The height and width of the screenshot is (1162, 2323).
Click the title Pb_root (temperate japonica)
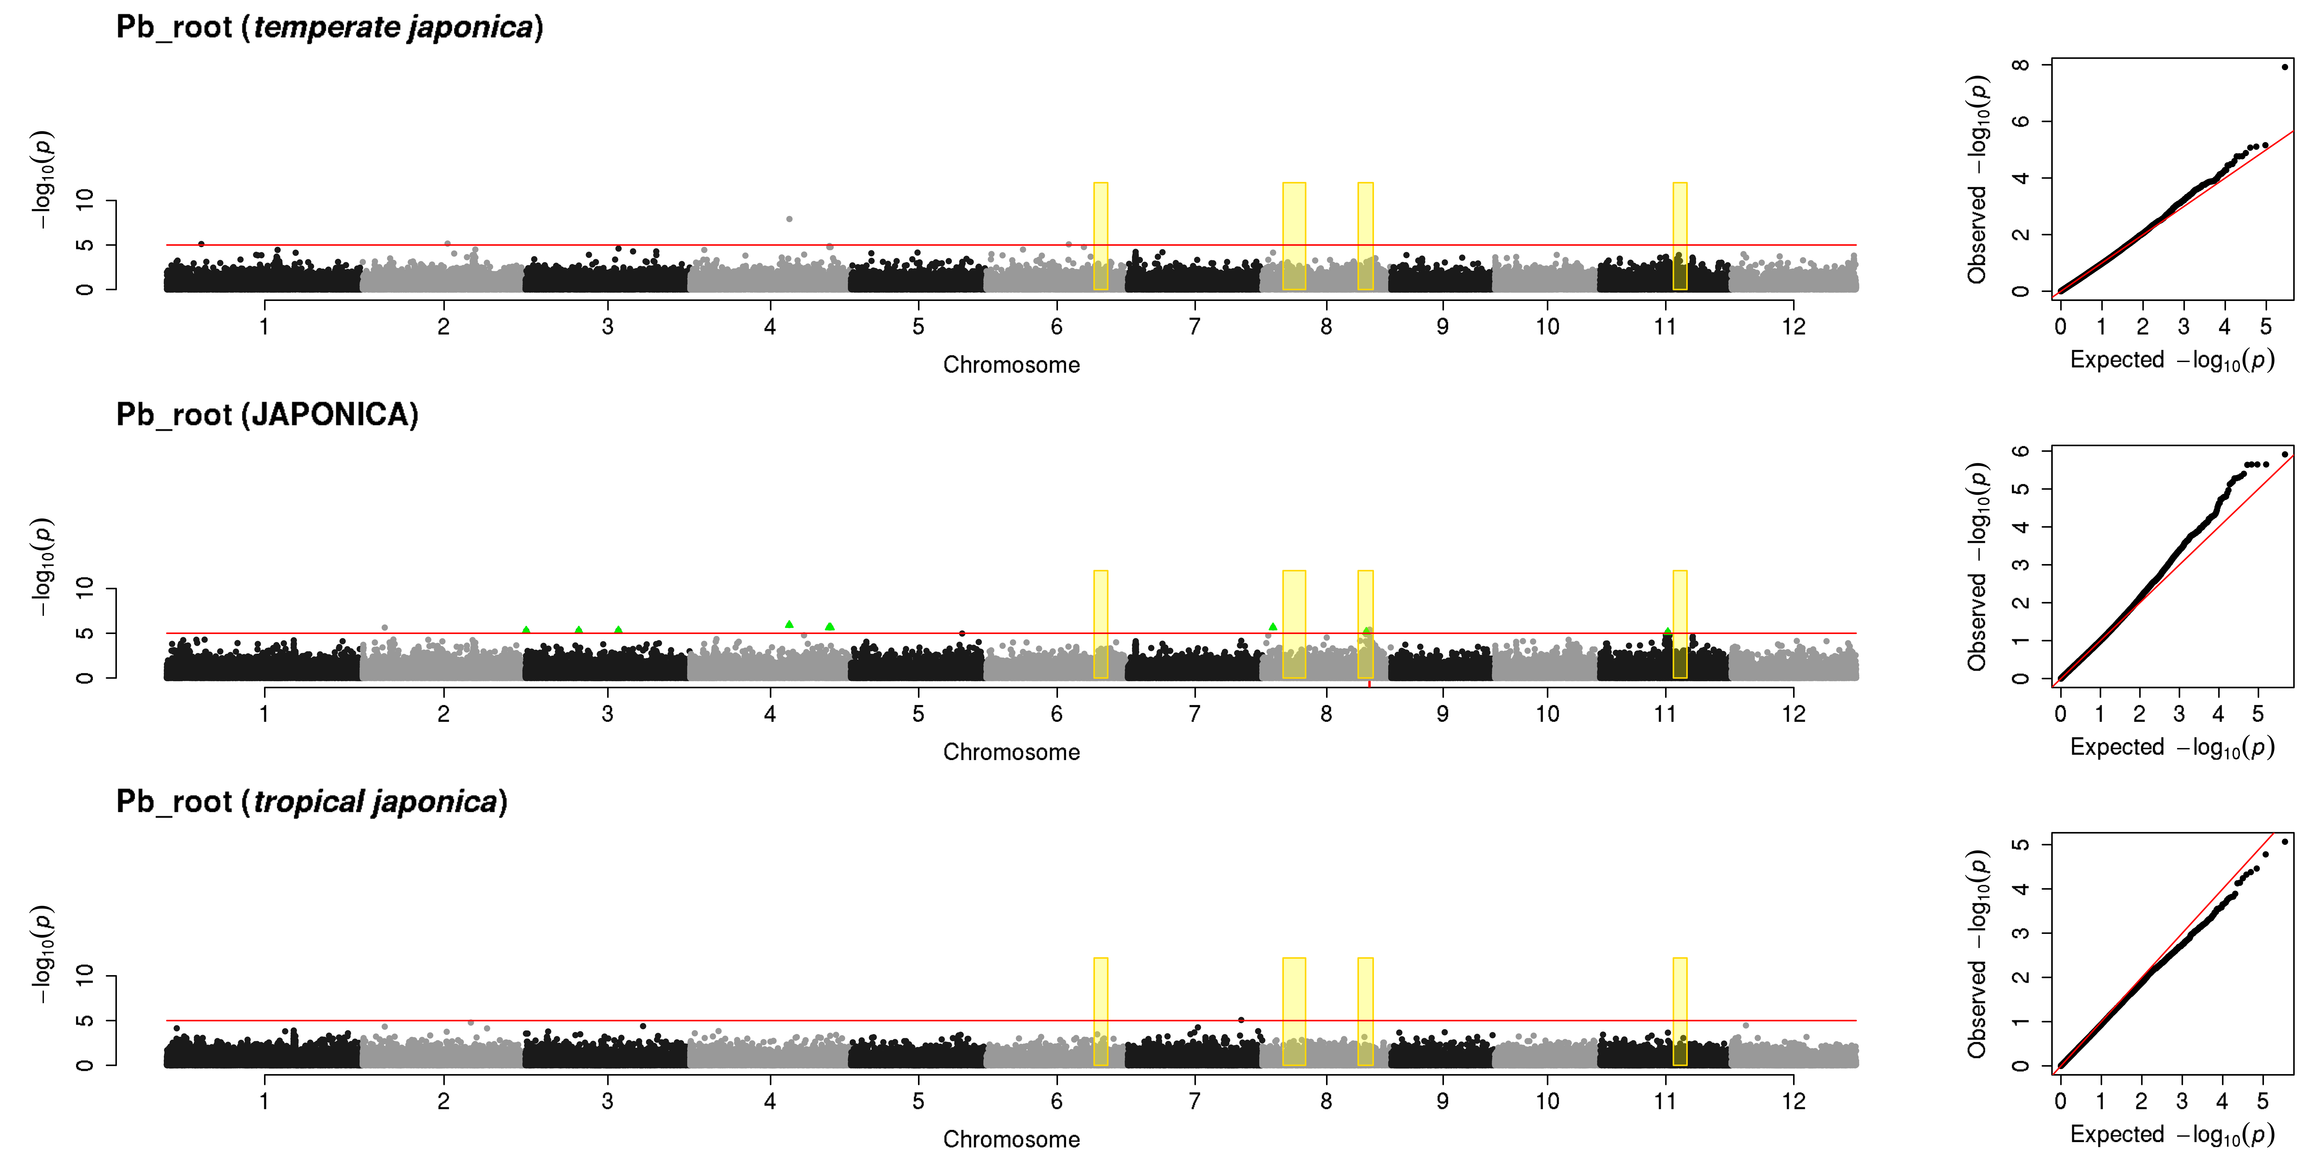click(330, 27)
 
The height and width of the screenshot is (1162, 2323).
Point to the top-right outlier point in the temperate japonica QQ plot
click(2284, 67)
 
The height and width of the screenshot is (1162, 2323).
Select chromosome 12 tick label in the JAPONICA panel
click(1794, 714)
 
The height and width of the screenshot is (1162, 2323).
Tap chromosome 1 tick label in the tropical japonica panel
click(264, 1101)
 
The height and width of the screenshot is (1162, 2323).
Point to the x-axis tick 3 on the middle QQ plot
click(2179, 714)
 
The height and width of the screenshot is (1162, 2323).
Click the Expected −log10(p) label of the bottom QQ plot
click(2172, 1134)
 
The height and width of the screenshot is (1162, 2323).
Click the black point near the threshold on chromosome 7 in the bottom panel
click(1242, 1019)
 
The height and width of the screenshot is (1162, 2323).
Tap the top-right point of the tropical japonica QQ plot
click(2284, 842)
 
